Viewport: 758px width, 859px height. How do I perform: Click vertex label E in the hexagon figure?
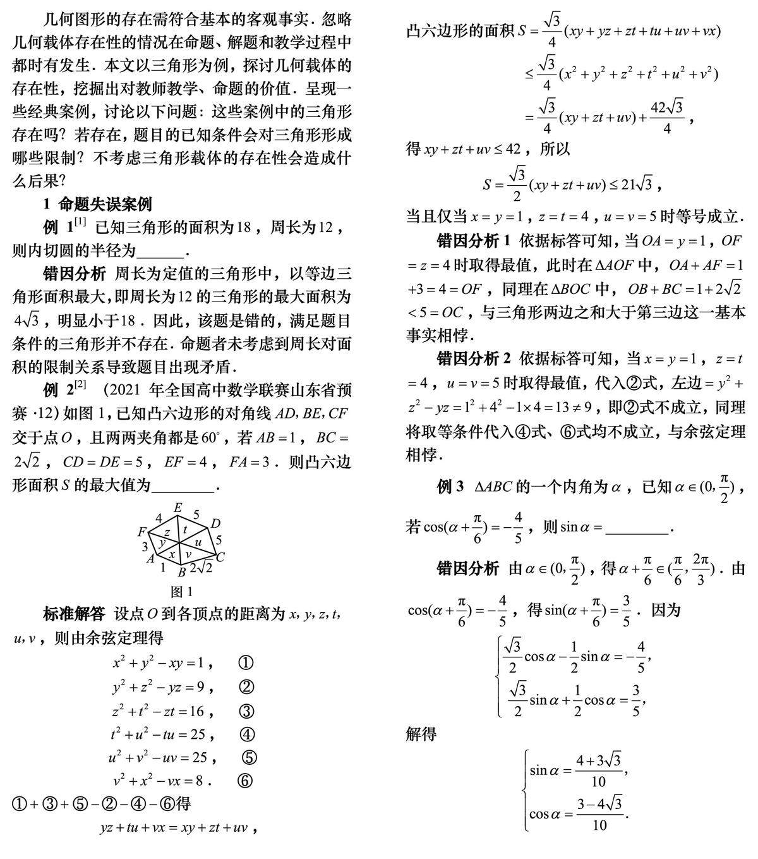tap(177, 508)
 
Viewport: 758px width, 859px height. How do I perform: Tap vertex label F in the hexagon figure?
tap(141, 532)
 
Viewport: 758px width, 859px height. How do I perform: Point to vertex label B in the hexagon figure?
tap(181, 573)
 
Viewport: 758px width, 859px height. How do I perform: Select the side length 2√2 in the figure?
tap(201, 568)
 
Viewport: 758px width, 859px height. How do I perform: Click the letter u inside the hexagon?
tap(198, 542)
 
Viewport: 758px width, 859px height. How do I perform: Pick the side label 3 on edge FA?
tap(145, 546)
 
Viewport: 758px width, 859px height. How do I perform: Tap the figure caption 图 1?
tap(181, 592)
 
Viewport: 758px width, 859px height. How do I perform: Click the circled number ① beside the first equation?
tap(246, 663)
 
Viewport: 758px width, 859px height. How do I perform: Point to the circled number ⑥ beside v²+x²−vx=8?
tap(245, 781)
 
